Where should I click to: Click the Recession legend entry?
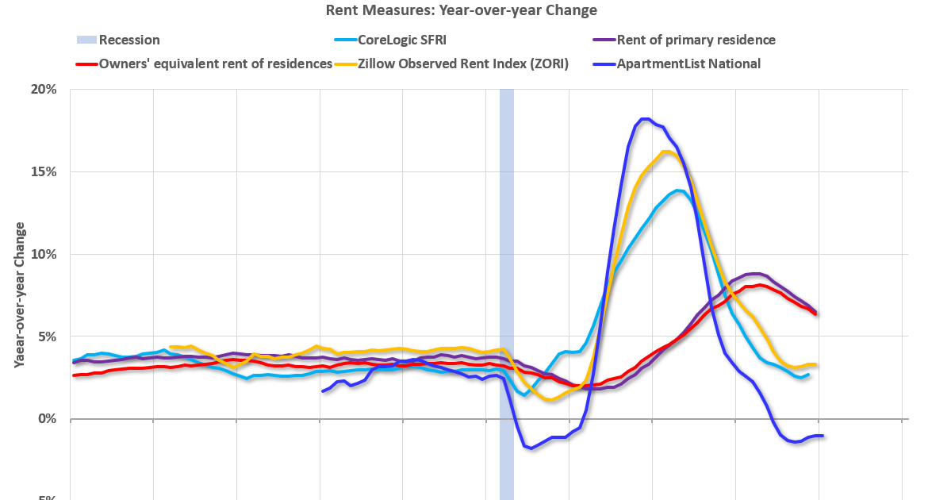129,40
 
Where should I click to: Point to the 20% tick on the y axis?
44,90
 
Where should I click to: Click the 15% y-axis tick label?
44,172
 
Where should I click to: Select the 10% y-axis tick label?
44,255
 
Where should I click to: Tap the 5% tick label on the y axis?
48,337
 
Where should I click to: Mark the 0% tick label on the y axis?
48,420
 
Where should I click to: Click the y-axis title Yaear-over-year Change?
19,294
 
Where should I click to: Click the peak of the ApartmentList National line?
646,119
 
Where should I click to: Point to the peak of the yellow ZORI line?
666,151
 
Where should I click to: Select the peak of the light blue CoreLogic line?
679,190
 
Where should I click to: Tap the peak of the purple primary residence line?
755,274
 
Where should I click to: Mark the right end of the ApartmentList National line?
823,436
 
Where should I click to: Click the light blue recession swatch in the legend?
85,40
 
